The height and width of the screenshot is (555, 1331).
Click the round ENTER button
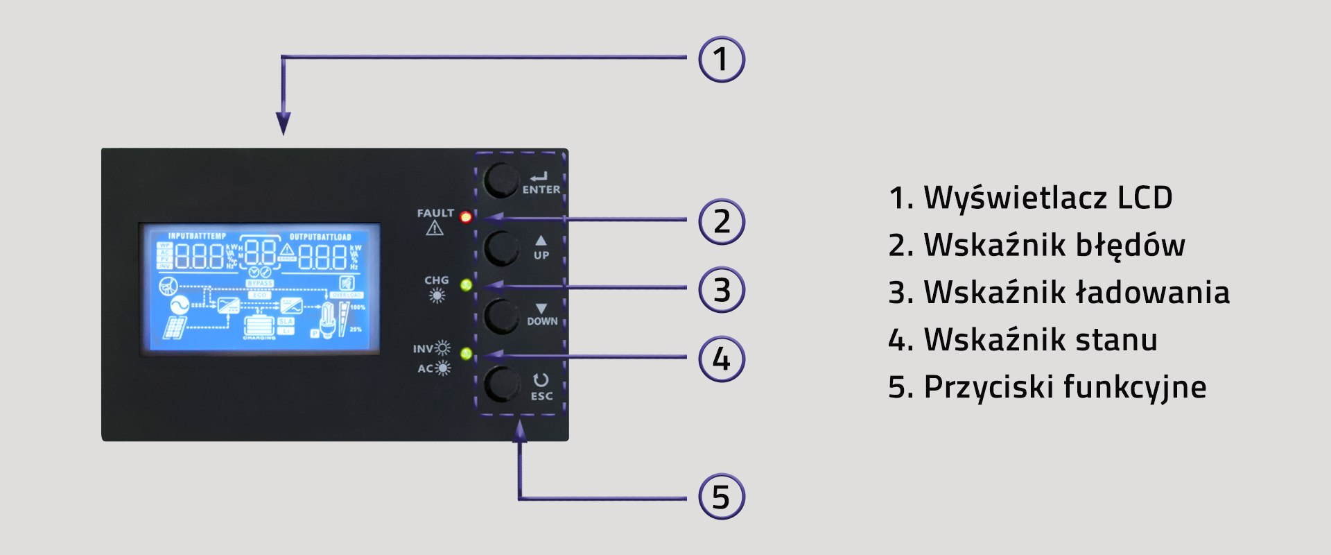coord(501,180)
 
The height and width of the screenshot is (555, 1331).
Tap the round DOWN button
coord(501,316)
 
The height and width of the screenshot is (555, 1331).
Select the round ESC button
coord(501,384)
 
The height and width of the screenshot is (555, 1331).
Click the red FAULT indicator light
coord(466,216)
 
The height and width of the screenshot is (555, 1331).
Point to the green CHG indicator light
coord(466,284)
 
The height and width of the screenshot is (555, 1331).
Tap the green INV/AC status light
coord(466,354)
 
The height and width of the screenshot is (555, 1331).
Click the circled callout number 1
coord(721,59)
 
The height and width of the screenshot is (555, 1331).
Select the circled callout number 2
coord(721,222)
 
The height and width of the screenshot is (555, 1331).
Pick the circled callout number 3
coord(721,290)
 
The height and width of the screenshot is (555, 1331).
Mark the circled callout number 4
coord(721,359)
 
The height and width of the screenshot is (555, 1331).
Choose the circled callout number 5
coord(721,497)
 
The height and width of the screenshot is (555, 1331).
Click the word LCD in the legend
coord(1145,198)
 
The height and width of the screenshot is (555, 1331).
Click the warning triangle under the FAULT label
coord(435,228)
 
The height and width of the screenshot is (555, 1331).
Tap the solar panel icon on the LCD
coord(175,327)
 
